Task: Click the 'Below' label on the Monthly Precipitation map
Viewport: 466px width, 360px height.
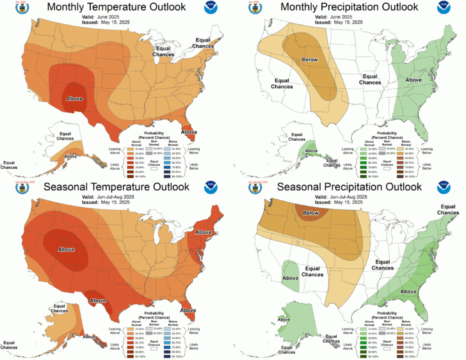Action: (309, 60)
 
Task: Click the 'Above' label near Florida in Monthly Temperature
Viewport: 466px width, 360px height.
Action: (189, 132)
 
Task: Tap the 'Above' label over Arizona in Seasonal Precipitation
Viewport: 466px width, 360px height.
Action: (290, 278)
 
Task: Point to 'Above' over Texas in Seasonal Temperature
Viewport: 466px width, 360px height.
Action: (97, 300)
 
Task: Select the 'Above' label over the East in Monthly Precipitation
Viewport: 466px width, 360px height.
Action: (414, 80)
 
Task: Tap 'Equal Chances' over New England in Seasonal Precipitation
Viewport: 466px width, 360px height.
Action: (449, 209)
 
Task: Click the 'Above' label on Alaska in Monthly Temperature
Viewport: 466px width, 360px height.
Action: (71, 155)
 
